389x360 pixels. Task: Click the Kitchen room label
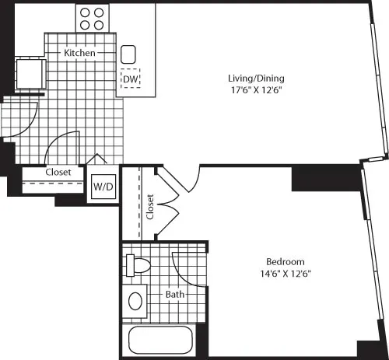pyautogui.click(x=79, y=54)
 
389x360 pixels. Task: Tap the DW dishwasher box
pyautogui.click(x=129, y=79)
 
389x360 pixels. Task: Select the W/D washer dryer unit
pyautogui.click(x=103, y=187)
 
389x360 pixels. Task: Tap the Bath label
pyautogui.click(x=174, y=295)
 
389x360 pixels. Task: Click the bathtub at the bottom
pyautogui.click(x=159, y=341)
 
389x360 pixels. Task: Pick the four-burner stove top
pyautogui.click(x=92, y=18)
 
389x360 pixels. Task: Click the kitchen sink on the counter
pyautogui.click(x=129, y=54)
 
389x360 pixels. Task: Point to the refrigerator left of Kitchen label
pyautogui.click(x=29, y=74)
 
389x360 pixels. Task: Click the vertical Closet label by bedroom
pyautogui.click(x=150, y=206)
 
